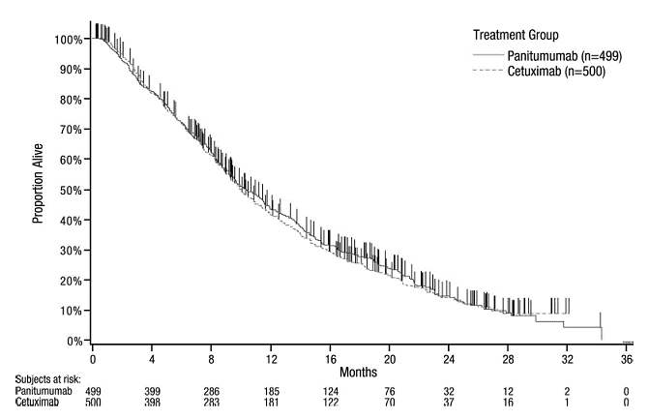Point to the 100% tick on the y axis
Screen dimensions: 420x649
click(69, 40)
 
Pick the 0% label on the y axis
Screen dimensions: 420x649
click(74, 341)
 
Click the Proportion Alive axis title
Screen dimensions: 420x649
click(40, 189)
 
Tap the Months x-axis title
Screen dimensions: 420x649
click(359, 371)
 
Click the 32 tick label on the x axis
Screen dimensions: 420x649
click(568, 358)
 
